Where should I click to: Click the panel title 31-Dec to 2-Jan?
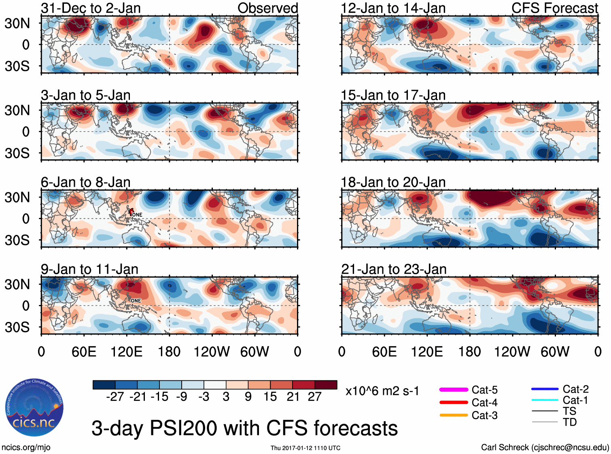91,8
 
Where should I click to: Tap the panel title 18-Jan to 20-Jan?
393,182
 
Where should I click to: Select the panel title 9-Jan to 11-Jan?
89,269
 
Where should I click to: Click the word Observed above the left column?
267,8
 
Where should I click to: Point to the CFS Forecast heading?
554,8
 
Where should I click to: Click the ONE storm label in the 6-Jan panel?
137,215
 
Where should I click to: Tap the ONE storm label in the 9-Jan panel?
136,301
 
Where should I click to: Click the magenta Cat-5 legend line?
454,390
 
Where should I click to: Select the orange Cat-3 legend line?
454,415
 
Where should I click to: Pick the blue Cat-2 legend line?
545,389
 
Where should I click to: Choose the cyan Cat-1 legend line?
545,400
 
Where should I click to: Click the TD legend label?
570,422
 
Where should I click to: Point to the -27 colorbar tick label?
115,396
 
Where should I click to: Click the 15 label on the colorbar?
270,396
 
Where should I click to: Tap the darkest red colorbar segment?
326,385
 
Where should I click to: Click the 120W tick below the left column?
212,352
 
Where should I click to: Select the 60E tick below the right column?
384,352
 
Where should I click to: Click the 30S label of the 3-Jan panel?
17,153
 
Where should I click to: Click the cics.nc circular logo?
34,408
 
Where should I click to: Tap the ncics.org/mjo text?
26,448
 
